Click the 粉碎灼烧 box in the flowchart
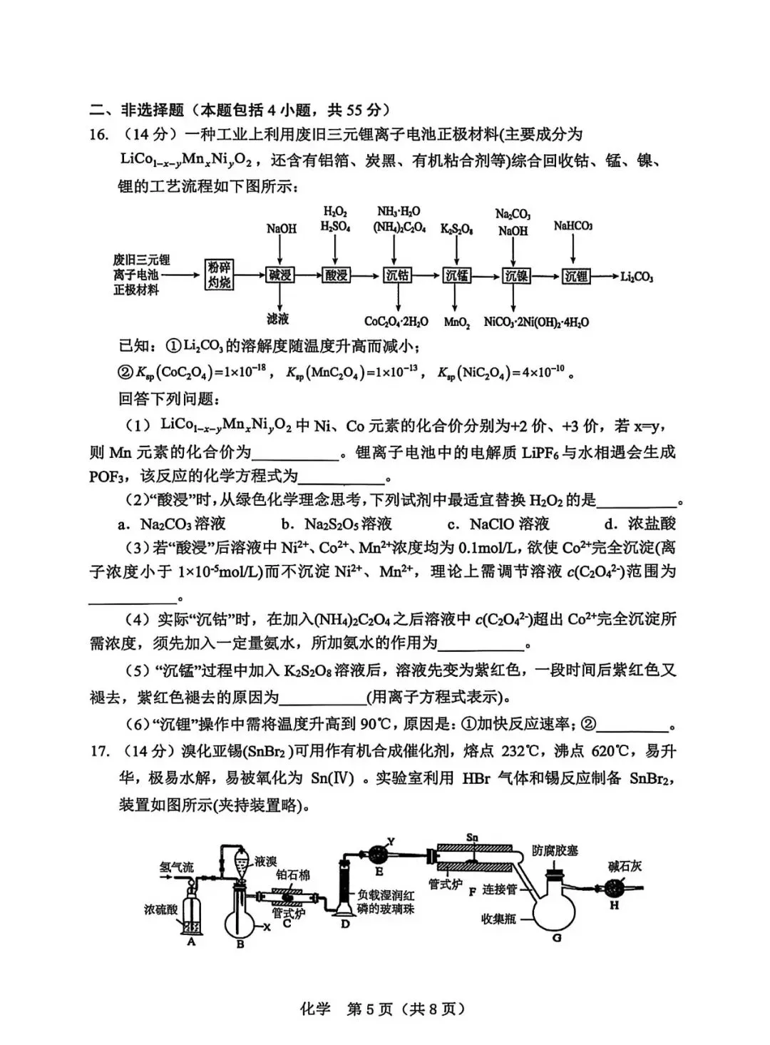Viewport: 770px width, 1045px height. click(x=220, y=275)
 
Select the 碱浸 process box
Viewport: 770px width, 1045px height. click(x=280, y=275)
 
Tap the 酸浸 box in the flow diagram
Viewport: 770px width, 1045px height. click(x=336, y=275)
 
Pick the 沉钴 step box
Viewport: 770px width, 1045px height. click(x=397, y=275)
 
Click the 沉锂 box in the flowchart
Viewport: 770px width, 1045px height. click(x=575, y=275)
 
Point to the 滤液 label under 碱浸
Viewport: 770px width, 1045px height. click(x=278, y=319)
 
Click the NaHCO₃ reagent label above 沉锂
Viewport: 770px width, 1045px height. click(x=573, y=226)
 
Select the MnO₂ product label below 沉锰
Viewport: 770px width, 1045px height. click(x=457, y=322)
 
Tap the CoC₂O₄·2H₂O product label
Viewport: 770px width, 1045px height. click(x=396, y=322)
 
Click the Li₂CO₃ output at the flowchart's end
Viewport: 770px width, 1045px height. click(x=637, y=277)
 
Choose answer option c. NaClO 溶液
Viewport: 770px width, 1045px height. click(x=498, y=524)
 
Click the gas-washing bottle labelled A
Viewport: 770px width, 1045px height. click(x=192, y=914)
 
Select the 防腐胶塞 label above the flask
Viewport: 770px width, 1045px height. click(x=555, y=850)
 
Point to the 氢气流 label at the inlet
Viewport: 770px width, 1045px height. click(x=176, y=867)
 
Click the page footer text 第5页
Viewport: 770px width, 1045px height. click(x=369, y=1009)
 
